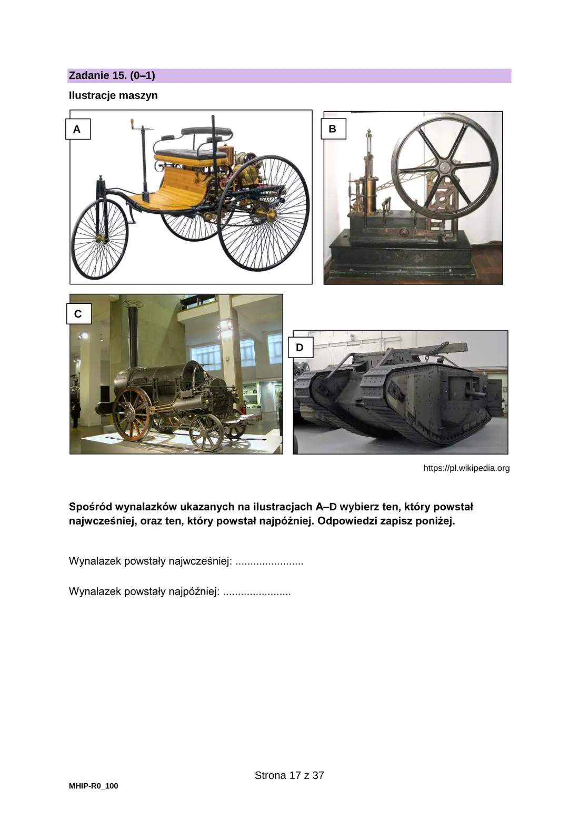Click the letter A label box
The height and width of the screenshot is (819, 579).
(x=78, y=129)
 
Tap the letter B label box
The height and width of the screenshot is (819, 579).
(x=333, y=129)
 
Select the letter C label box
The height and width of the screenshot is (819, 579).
(x=78, y=314)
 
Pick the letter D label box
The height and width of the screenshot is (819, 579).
(x=300, y=347)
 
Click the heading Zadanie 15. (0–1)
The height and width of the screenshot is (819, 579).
(x=112, y=76)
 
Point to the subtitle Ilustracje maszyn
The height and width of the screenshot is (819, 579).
(x=113, y=95)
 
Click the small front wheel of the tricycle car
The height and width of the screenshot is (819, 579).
(x=99, y=239)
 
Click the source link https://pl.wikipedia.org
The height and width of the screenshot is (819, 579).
(x=466, y=468)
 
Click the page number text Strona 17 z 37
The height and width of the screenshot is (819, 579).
(x=289, y=775)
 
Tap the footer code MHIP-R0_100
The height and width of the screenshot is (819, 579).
(x=94, y=786)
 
